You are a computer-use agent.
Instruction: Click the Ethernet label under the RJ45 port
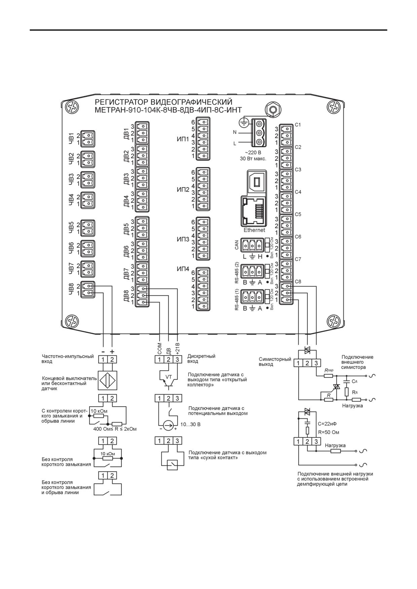(x=254, y=230)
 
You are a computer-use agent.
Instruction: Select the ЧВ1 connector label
(x=71, y=139)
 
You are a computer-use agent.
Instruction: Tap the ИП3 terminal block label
(x=183, y=239)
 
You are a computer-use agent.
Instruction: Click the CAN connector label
(x=237, y=245)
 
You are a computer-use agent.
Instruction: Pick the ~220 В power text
(x=253, y=152)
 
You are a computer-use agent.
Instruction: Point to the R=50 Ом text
(x=328, y=432)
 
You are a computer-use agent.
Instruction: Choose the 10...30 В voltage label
(x=190, y=424)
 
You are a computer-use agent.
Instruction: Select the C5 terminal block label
(x=298, y=214)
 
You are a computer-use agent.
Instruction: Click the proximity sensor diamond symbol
(x=108, y=380)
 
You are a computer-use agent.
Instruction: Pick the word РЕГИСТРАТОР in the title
(x=121, y=102)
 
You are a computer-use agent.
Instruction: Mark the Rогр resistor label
(x=329, y=370)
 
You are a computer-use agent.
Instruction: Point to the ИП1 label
(x=183, y=139)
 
